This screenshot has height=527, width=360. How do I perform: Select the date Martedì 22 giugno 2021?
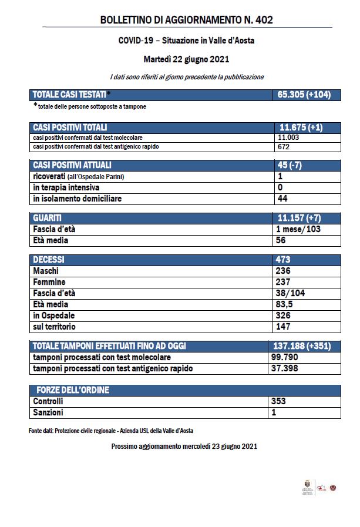pos(186,59)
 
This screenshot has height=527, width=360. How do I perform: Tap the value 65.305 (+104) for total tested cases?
pos(302,94)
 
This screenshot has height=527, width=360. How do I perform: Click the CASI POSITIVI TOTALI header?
pos(70,127)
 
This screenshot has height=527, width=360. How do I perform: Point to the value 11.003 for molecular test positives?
pos(288,137)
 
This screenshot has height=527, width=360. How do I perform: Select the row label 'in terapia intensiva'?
pos(66,187)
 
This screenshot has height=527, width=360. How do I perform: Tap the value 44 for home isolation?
pos(281,199)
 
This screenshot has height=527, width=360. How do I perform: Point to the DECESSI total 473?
pos(284,259)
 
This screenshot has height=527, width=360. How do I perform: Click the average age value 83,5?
pos(286,304)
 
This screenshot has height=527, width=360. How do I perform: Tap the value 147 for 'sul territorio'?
pos(284,327)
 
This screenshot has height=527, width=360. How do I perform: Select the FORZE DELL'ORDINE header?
pos(73,390)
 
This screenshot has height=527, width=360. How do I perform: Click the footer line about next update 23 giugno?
pos(184,447)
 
